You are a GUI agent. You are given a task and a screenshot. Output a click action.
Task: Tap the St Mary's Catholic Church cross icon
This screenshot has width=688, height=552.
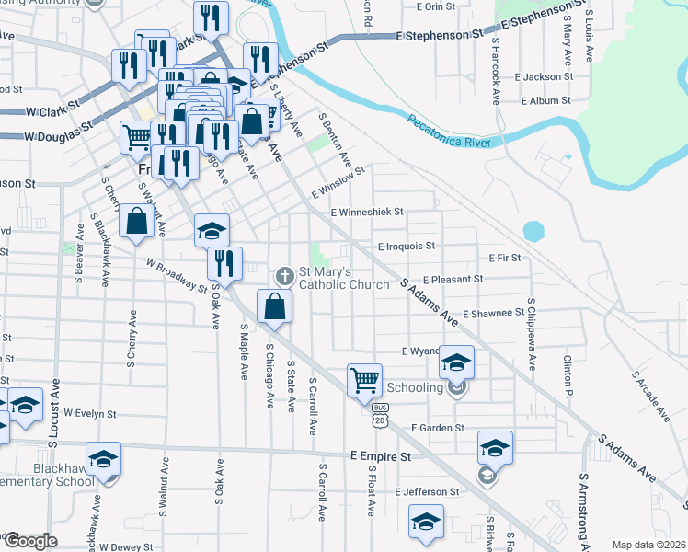coord(285,275)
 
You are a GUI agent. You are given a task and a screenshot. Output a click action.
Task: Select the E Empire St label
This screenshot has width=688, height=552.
coord(379,456)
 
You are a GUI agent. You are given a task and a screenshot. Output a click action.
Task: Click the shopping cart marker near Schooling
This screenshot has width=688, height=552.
coord(365,379)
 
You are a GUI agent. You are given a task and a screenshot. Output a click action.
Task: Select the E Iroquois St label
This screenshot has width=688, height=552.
coord(406,247)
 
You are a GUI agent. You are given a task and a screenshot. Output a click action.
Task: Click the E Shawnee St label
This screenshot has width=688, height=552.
coord(500,314)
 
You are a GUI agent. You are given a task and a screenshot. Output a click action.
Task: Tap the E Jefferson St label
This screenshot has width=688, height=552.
coord(427,492)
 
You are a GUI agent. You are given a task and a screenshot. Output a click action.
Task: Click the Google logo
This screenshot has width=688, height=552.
coord(29,541)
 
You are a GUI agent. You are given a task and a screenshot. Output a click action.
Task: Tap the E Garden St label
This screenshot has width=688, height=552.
coord(438,428)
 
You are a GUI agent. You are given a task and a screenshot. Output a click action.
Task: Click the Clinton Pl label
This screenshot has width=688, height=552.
coord(568,376)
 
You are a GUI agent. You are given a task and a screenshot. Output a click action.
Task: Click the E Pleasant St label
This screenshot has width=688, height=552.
coord(453,279)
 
